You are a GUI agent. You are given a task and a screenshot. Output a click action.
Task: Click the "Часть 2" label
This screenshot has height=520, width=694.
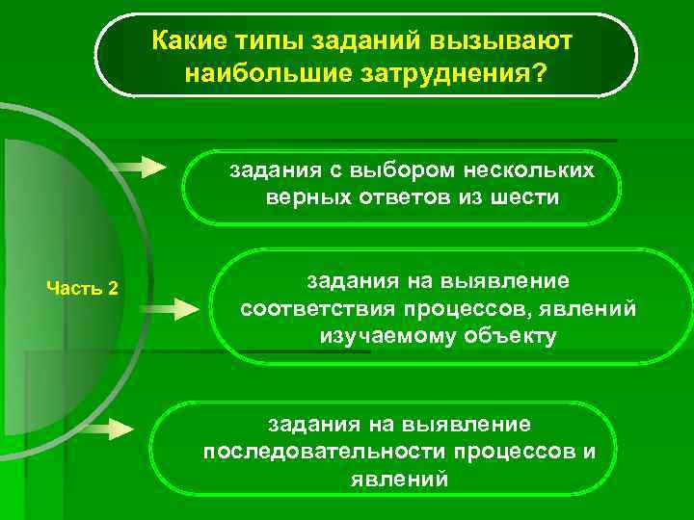point(83,288)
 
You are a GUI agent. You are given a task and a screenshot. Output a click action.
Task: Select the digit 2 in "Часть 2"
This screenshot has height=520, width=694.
point(113,288)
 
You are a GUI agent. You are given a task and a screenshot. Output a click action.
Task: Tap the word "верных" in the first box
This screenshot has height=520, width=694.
point(303,197)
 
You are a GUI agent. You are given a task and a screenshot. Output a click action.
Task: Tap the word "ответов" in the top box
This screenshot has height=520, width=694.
point(394,197)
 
